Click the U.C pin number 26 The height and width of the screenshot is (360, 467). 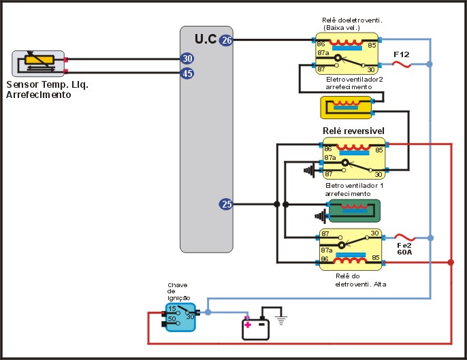point(227,41)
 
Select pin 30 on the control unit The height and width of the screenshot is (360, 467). point(187,59)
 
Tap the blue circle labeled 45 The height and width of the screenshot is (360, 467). point(187,73)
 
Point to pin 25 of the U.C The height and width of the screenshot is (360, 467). point(227,204)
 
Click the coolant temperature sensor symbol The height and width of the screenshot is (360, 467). point(38,63)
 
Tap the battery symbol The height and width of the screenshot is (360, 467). point(256,329)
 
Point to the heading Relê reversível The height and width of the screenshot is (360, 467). point(353,131)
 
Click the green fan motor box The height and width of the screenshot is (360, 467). point(354,211)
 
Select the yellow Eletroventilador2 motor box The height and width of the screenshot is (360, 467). point(346,108)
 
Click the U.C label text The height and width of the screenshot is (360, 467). point(206,39)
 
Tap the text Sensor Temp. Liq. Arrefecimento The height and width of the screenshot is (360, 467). point(48,91)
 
